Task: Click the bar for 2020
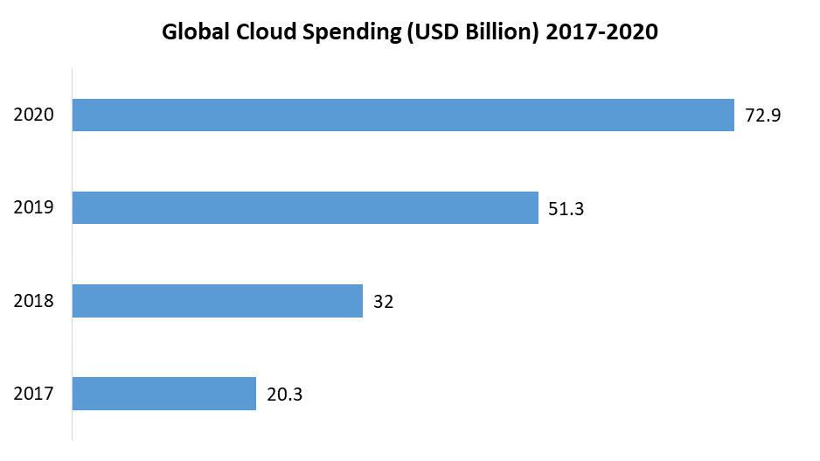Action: pos(402,115)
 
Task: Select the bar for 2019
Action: pos(304,207)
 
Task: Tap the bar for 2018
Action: pos(217,301)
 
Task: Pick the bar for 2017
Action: pos(163,394)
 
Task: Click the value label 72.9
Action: pos(762,115)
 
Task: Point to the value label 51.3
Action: pos(566,208)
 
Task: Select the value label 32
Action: pos(384,302)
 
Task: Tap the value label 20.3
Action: pos(285,395)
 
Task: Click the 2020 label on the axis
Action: pos(34,115)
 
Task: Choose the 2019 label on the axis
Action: pos(34,208)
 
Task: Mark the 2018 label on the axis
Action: pos(34,302)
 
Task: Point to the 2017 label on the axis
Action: pos(34,395)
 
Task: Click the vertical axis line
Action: pos(72,254)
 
